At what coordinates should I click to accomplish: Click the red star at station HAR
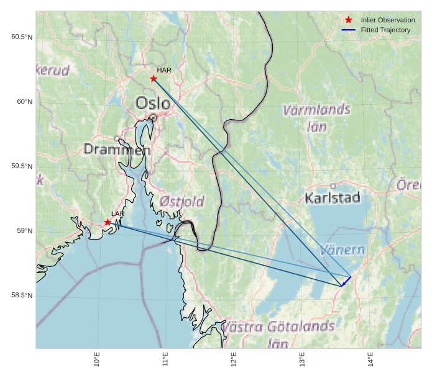154,79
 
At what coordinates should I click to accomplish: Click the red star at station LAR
108,222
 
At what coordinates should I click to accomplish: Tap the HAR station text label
163,70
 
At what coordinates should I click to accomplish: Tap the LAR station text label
117,214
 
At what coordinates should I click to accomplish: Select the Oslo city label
153,103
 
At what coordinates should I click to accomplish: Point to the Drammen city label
117,150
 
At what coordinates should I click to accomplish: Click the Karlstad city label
333,198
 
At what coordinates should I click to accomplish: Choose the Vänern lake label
342,250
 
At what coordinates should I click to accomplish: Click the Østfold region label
182,201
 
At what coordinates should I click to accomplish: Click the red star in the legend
349,20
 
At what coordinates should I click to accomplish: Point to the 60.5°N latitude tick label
22,37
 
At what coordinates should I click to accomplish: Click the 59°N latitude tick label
24,231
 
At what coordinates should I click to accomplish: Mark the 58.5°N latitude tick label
22,295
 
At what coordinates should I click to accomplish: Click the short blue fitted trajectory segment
346,281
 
